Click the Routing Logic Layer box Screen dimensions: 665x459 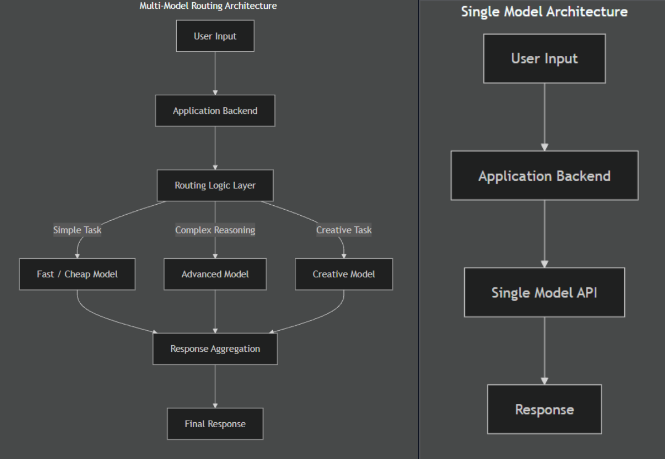215,185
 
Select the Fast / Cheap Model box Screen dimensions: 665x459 77,274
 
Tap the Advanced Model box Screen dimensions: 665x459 215,274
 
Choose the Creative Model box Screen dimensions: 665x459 344,274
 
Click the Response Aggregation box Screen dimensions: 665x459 215,349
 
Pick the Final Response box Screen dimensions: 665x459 215,424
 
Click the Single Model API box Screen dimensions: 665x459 545,292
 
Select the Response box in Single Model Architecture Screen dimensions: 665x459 545,409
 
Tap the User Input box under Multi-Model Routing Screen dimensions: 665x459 215,36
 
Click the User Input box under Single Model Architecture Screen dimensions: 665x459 545,59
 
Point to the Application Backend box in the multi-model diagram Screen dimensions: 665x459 215,111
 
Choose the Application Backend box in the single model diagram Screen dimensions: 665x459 545,176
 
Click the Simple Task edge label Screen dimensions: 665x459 77,230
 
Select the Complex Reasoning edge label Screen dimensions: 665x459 215,230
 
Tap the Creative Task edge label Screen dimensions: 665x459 344,230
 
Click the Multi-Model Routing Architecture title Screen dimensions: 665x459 208,6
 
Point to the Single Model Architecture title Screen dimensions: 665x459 545,12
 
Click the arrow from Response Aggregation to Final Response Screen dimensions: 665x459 215,386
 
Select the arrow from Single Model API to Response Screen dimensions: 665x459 545,351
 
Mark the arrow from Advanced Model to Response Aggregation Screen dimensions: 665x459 215,312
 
